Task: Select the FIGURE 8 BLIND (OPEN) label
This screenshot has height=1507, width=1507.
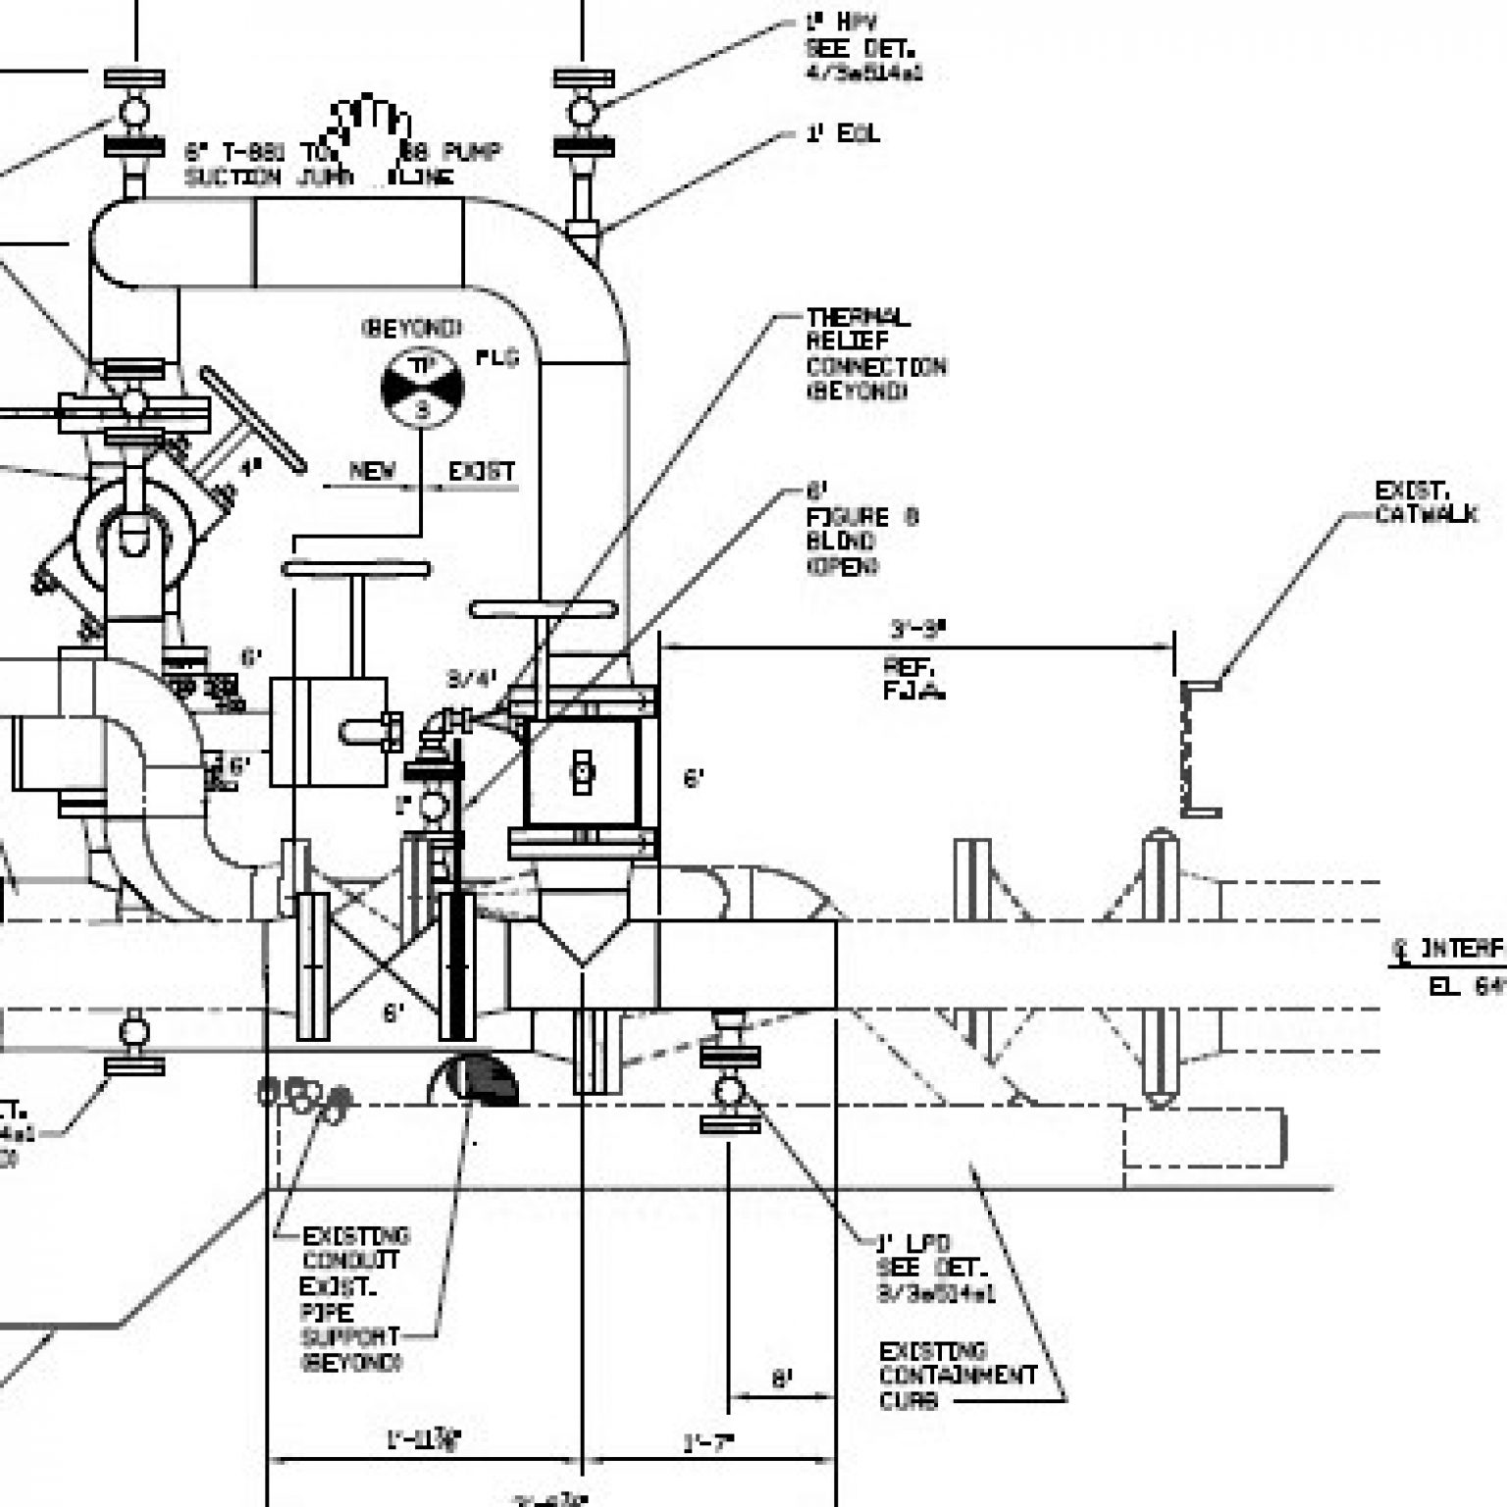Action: coord(861,529)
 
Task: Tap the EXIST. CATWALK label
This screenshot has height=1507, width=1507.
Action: coord(1425,502)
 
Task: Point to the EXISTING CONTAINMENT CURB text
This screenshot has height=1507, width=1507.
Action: coord(956,1376)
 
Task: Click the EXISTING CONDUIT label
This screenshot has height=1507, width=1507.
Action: coord(354,1247)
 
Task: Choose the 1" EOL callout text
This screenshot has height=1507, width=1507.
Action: coord(842,133)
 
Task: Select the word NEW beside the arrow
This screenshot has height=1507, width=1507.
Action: coord(373,471)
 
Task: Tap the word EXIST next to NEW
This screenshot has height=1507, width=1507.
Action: coord(481,471)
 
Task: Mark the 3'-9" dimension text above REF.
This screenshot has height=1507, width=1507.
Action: coord(917,629)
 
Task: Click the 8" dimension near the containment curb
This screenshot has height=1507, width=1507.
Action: coord(781,1379)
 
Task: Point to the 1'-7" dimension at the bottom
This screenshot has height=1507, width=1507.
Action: coord(708,1443)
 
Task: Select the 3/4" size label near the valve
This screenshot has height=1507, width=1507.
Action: coord(472,677)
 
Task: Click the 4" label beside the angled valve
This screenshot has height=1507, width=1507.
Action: coord(252,468)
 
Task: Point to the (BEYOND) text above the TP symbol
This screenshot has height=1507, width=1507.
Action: coord(412,328)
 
